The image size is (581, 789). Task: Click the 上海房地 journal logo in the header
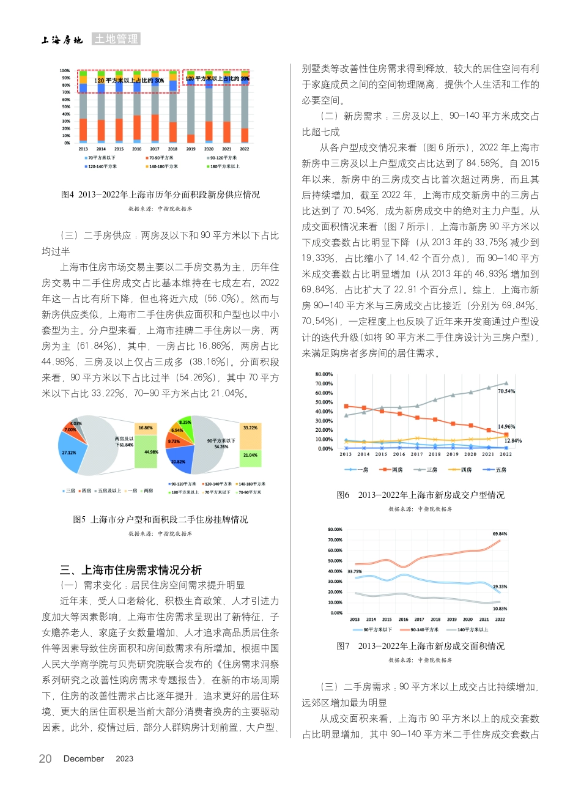tap(62, 40)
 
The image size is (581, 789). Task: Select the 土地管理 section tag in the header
tap(116, 39)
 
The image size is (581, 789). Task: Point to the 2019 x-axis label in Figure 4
tap(191, 149)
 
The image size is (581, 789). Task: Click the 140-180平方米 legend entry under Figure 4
tap(163, 166)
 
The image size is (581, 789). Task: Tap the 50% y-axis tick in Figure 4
tap(65, 106)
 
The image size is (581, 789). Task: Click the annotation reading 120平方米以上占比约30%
tap(129, 80)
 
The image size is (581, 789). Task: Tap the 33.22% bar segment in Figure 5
tap(250, 428)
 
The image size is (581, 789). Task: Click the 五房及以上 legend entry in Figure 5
tap(108, 491)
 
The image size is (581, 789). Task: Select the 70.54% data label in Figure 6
tap(506, 391)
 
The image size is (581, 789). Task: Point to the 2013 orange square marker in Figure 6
tap(346, 406)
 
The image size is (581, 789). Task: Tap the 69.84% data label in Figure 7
tap(499, 534)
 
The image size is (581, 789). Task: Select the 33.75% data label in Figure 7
tap(354, 571)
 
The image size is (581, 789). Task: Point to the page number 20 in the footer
tap(45, 758)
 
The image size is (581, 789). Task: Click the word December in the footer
tap(84, 758)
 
